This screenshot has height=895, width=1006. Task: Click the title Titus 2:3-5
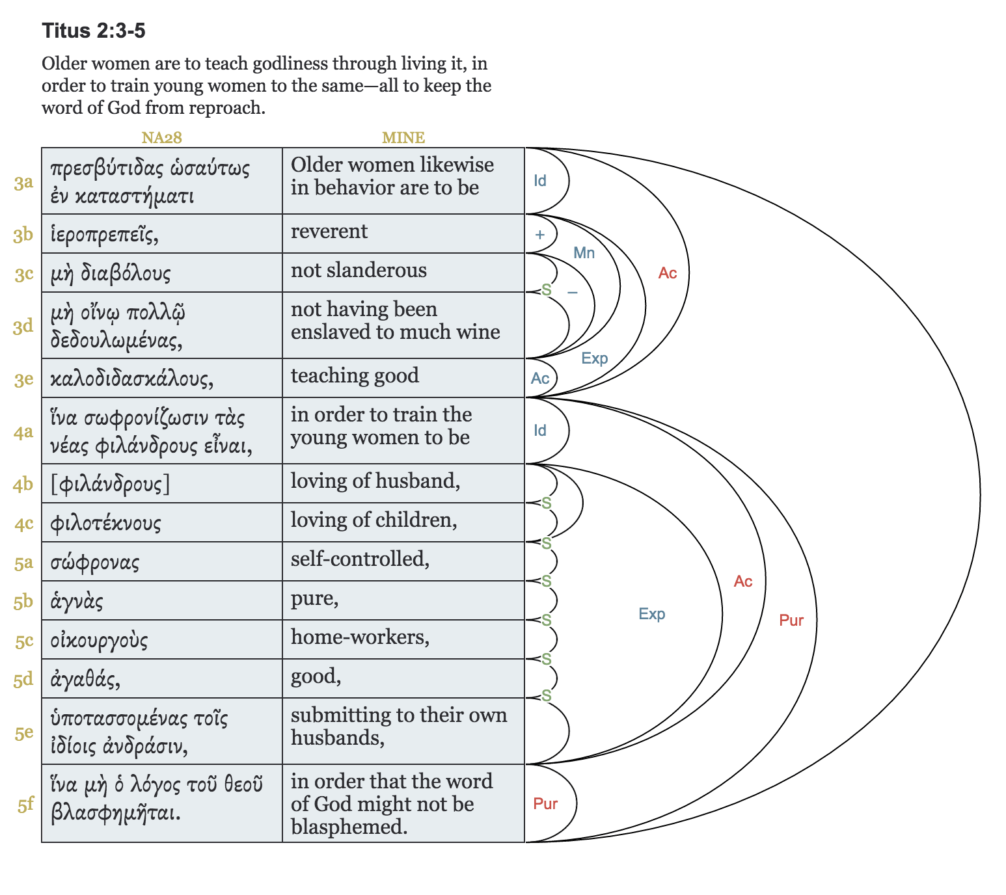(94, 31)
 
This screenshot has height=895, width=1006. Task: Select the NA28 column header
(161, 138)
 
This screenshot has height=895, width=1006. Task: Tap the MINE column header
(403, 138)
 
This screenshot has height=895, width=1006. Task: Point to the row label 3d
(23, 326)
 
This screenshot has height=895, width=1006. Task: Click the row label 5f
(25, 805)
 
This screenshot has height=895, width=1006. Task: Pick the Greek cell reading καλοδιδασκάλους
(132, 379)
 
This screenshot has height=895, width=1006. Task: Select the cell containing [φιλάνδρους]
(110, 484)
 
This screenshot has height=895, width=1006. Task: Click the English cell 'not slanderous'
(359, 271)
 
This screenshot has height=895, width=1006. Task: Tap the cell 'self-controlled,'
(360, 559)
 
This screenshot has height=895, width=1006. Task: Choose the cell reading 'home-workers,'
(360, 637)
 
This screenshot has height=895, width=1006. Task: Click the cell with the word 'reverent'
(329, 232)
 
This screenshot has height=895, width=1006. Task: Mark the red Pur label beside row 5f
(545, 804)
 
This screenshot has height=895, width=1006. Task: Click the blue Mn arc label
(584, 253)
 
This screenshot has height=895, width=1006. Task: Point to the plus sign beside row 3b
(539, 235)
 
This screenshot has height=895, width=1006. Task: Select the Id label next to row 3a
(540, 181)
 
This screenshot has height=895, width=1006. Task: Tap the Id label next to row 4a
(540, 431)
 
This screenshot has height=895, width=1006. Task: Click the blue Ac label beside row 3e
(540, 379)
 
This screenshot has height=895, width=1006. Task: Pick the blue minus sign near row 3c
(573, 293)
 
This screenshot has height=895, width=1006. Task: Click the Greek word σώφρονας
(95, 563)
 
